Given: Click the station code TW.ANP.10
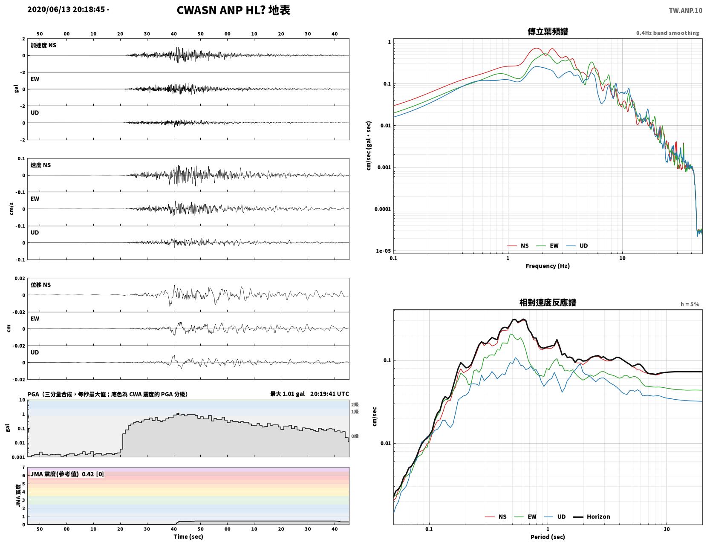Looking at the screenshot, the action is (685, 10).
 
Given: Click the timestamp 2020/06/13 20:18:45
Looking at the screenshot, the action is (66, 9).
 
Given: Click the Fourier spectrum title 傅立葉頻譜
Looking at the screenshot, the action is (548, 32).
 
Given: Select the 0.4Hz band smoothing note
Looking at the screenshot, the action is (667, 33).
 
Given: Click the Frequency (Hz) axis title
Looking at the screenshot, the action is (548, 266).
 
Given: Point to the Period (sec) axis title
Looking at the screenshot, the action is (548, 537).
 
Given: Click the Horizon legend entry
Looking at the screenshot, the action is (592, 517).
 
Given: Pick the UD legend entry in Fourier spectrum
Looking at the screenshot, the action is (577, 246).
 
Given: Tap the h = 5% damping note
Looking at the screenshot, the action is (690, 304).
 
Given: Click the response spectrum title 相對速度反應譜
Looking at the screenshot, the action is (548, 303).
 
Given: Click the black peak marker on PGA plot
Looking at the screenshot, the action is (178, 414).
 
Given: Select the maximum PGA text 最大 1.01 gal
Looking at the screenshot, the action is (287, 394).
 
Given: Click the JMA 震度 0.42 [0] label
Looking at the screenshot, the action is (67, 474).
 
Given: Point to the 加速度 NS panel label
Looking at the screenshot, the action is (43, 45).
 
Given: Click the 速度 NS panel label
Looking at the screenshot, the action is (40, 165).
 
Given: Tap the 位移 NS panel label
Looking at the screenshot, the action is (40, 285).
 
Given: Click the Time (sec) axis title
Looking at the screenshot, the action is (188, 537).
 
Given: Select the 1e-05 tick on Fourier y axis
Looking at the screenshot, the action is (383, 251).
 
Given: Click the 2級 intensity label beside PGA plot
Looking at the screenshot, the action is (355, 404).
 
